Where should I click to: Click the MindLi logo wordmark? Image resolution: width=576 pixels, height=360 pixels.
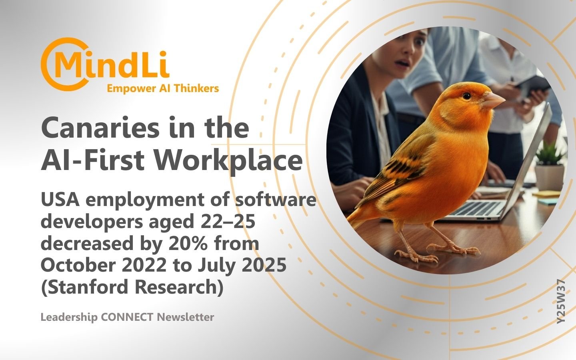pos(105,64)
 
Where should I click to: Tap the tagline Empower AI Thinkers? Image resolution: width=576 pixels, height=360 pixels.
pos(163,88)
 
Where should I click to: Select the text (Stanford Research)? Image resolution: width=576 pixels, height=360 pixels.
pos(132,287)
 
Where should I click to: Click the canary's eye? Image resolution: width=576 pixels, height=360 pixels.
pos(466,96)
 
